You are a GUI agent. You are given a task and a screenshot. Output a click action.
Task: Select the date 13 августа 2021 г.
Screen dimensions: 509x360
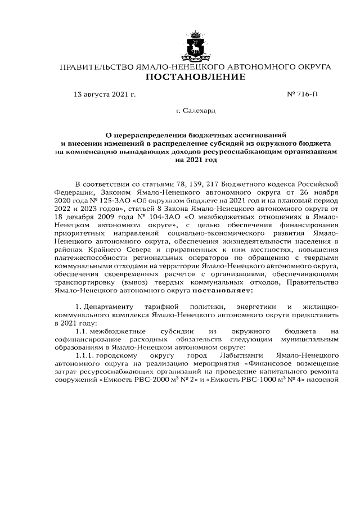(105, 95)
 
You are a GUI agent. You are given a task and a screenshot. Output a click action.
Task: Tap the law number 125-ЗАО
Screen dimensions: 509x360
(103, 199)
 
